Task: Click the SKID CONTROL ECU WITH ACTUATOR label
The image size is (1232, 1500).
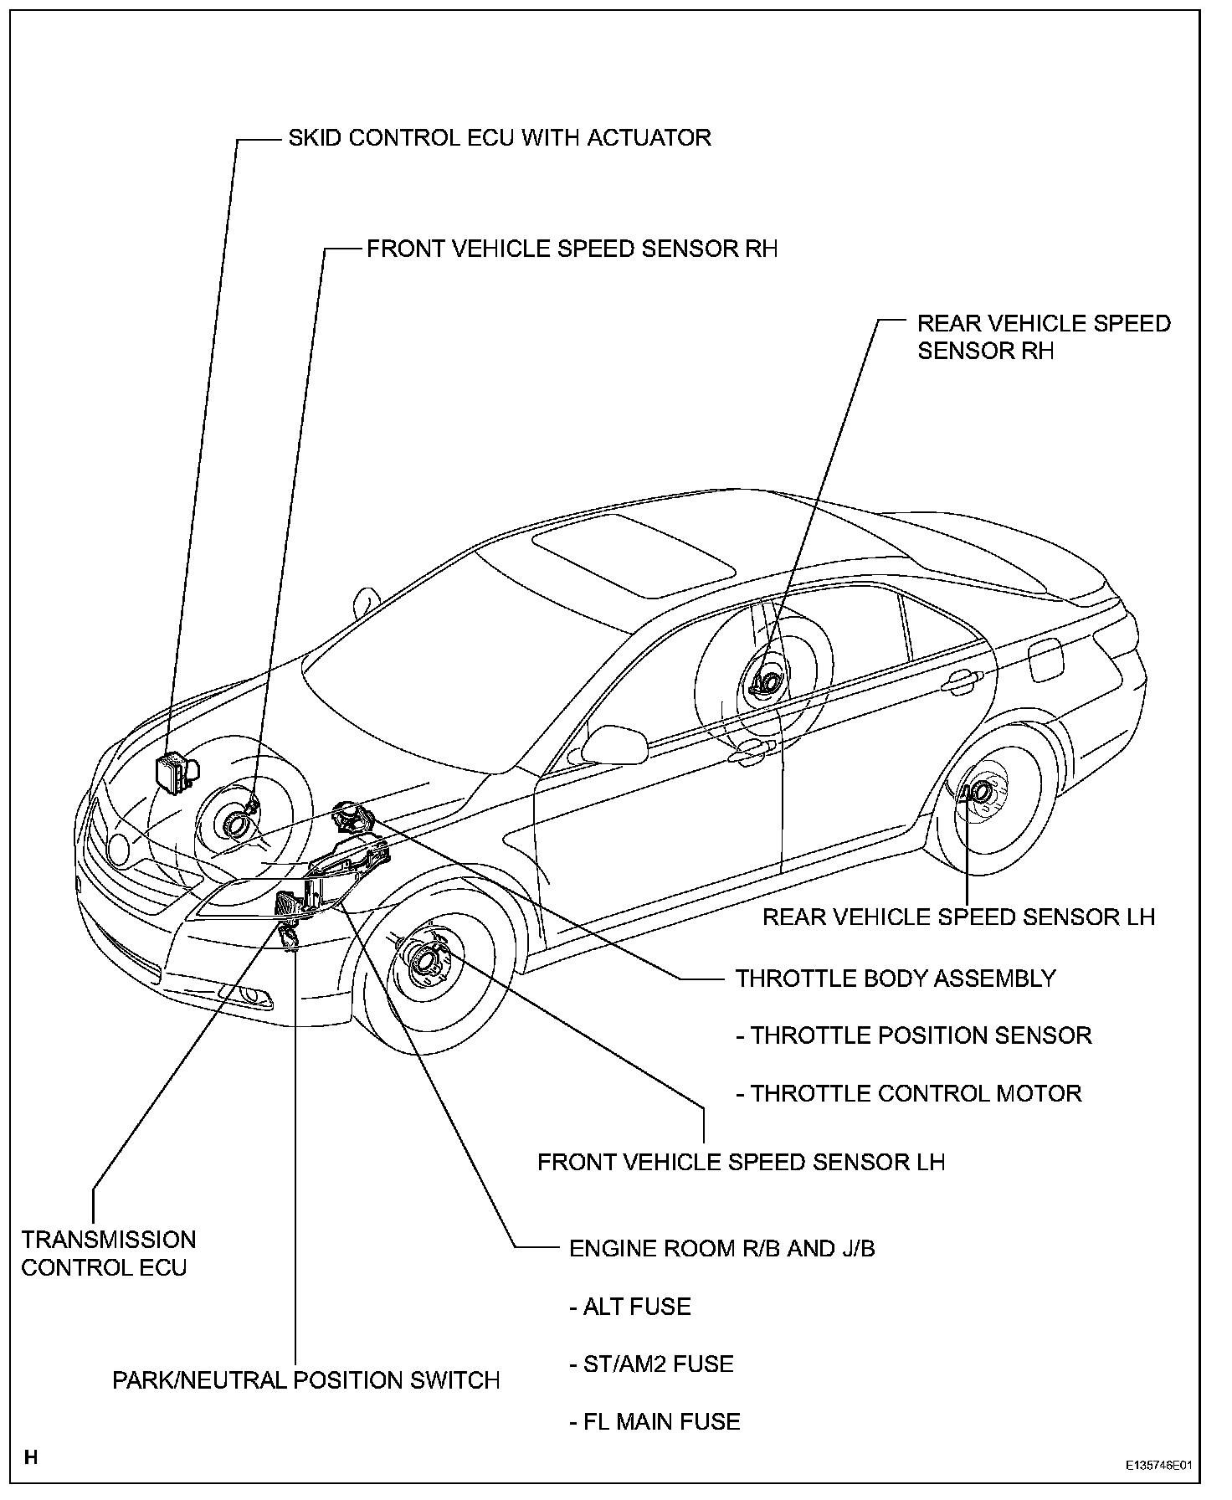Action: tap(500, 137)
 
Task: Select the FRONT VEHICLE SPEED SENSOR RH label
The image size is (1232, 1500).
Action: tap(572, 249)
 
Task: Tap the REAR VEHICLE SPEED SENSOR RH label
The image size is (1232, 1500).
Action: tap(1044, 336)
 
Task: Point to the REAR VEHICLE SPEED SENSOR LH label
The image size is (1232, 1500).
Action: tap(958, 917)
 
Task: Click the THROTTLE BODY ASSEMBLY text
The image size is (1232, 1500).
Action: tap(896, 978)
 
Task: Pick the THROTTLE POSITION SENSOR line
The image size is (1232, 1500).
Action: tap(914, 1035)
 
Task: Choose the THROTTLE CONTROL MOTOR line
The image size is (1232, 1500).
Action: tap(909, 1093)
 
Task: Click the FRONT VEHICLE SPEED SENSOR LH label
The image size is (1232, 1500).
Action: tap(741, 1162)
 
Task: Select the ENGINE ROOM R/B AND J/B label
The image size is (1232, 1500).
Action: tap(721, 1248)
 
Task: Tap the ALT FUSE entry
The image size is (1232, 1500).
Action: tap(630, 1307)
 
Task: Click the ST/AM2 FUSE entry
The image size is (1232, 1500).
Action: tap(651, 1364)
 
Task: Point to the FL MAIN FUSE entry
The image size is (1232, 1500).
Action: tap(654, 1421)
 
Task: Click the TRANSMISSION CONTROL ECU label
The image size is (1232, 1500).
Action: tap(108, 1253)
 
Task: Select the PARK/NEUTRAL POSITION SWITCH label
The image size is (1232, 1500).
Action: tap(306, 1380)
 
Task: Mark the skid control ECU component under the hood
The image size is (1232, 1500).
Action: tap(174, 772)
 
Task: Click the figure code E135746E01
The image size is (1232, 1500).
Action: tap(1158, 1466)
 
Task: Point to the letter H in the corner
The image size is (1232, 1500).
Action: tap(31, 1457)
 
